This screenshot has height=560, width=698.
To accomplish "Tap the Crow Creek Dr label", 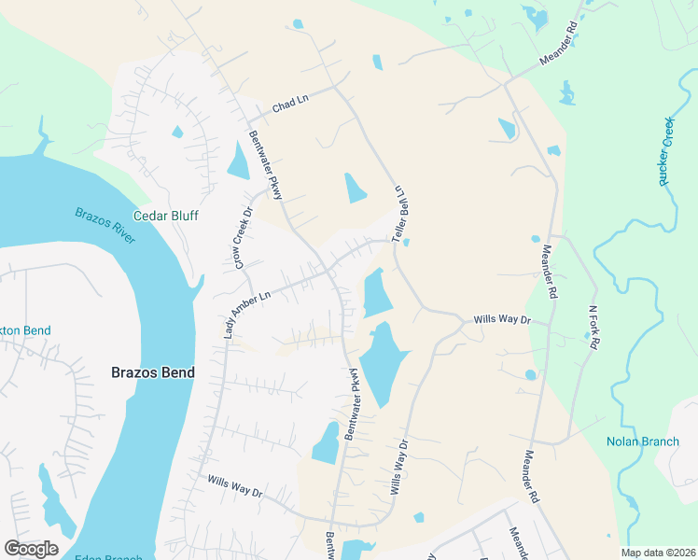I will coord(244,238).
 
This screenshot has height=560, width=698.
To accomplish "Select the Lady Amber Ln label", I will coord(245,312).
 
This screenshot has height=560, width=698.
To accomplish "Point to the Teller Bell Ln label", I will coord(402,214).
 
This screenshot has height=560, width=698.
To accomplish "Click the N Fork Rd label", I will coord(593,326).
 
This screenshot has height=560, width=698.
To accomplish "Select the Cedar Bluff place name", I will coord(167,216).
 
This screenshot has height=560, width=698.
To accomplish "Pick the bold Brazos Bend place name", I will coord(153,372).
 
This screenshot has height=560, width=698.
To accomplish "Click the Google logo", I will coord(31,549).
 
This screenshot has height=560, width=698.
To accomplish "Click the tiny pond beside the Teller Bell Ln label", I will coord(407,244).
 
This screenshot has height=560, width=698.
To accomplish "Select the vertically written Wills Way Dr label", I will coord(398,467).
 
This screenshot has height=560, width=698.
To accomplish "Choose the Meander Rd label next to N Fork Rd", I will coord(549,272).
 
